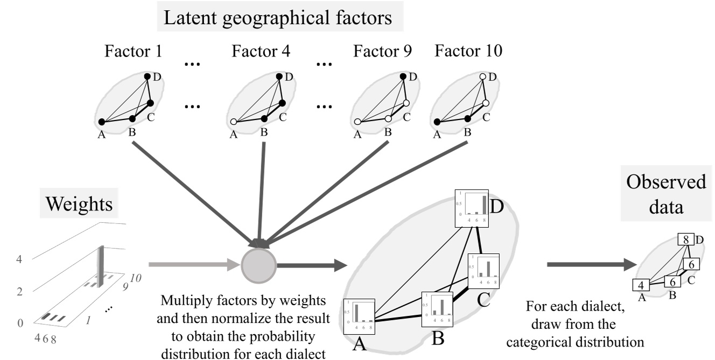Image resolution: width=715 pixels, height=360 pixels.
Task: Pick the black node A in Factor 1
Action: pyautogui.click(x=101, y=122)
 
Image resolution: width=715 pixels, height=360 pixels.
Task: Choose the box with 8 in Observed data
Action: pyautogui.click(x=686, y=240)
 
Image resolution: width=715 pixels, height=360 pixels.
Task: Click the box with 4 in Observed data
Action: pyautogui.click(x=641, y=285)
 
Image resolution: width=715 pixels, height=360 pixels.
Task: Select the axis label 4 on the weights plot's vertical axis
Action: pyautogui.click(x=20, y=259)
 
